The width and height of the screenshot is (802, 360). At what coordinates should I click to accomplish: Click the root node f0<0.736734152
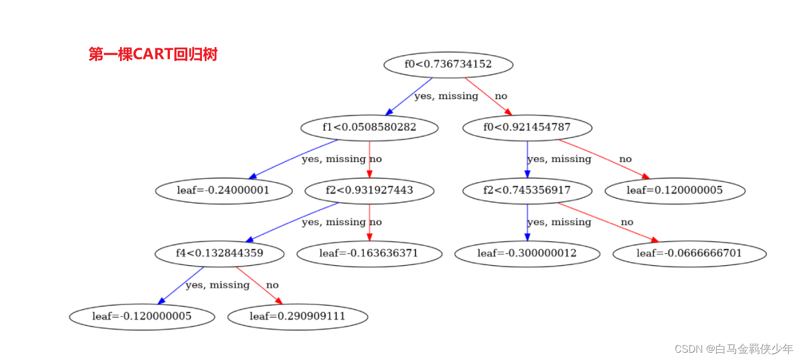[x=448, y=64]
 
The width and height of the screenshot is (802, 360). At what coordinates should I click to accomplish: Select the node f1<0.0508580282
[x=369, y=127]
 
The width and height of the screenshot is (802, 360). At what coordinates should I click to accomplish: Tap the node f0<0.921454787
[x=527, y=127]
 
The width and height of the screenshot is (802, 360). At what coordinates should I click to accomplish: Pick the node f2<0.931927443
[x=369, y=190]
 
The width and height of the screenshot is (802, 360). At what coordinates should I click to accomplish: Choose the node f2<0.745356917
[x=527, y=190]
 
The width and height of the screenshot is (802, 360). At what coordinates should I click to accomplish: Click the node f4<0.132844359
[x=219, y=253]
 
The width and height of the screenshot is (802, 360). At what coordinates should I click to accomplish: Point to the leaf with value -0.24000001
[x=223, y=190]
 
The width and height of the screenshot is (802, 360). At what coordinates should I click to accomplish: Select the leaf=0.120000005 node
[x=675, y=190]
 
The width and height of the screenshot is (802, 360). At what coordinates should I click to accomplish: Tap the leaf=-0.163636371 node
[x=369, y=253]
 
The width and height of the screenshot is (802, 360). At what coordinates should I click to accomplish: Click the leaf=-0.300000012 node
[x=527, y=253]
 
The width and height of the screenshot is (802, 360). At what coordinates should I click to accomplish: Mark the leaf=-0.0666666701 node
[x=689, y=253]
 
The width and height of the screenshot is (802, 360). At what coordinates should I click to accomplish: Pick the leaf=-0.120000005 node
[x=142, y=316]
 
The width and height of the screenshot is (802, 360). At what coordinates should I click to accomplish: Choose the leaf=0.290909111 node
[x=297, y=316]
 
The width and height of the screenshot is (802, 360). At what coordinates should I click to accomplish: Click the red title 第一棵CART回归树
[x=153, y=54]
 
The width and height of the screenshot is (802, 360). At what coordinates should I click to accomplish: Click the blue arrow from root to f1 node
[x=409, y=96]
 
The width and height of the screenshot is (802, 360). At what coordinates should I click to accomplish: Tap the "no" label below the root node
[x=501, y=96]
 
